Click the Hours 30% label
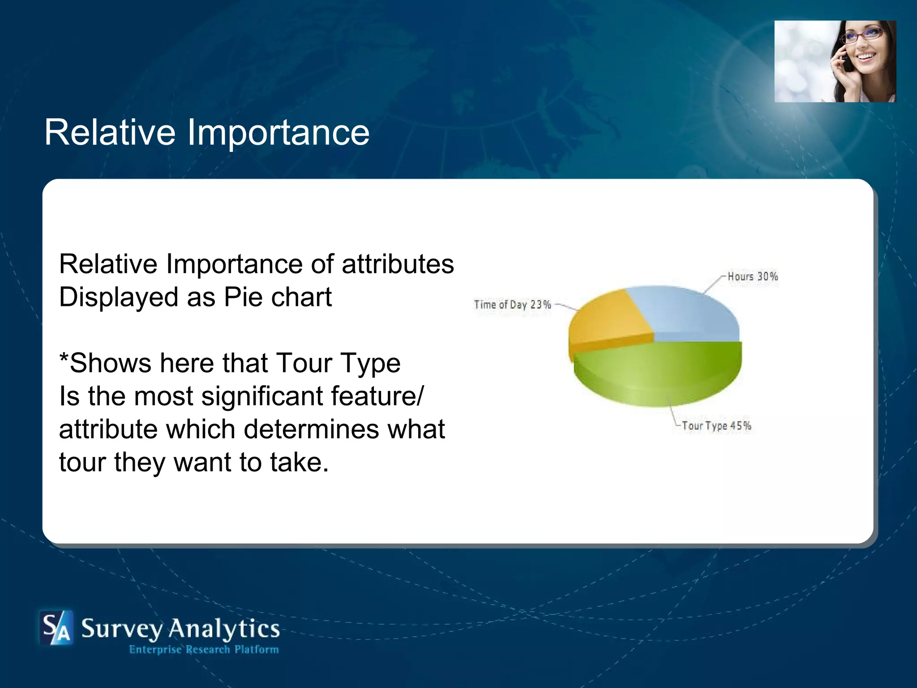point(752,276)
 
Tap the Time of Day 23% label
point(512,305)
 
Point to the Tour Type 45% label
point(716,426)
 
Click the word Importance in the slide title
point(278,133)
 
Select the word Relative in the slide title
point(110,133)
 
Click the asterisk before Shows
point(64,358)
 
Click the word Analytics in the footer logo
point(224,629)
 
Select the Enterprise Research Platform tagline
point(204,649)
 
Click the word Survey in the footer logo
point(122,629)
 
